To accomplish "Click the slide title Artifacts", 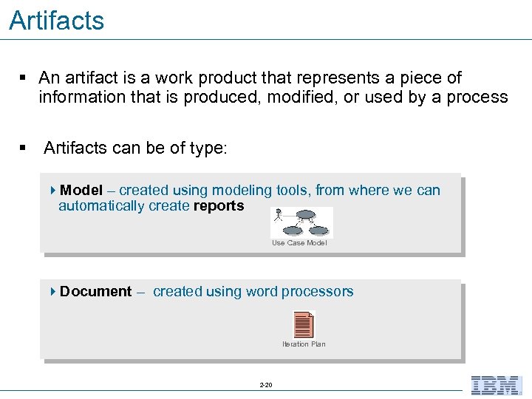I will coord(57,21).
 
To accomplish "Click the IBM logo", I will coord(497,385).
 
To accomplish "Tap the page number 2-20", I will coord(266,385).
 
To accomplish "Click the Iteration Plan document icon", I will coord(304,324).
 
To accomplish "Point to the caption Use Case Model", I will coord(299,243).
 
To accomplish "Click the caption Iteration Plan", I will coord(304,344).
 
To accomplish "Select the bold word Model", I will coord(81,191).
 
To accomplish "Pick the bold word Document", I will coord(96,292).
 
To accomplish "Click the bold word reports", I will coord(219,206).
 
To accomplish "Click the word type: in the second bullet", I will coord(208,149).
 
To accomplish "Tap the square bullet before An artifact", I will coord(24,78).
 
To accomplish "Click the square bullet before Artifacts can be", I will coord(24,149).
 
